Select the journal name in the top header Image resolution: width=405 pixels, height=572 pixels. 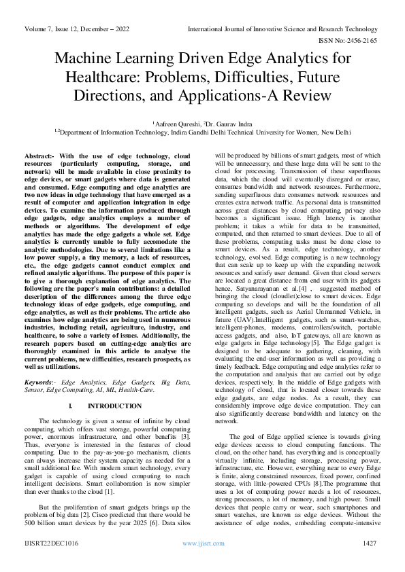coord(282,30)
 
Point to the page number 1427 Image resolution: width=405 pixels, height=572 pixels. coord(370,562)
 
